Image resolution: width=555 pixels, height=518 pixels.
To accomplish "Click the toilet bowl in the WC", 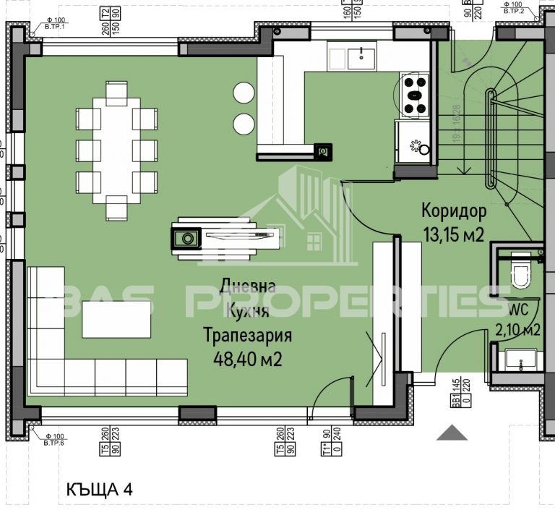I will (x=520, y=275).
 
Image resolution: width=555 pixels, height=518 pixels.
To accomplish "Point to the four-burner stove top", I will (x=415, y=95).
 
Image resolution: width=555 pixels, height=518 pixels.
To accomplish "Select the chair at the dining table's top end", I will (x=116, y=93).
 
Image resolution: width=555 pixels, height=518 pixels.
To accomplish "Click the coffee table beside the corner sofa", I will (x=116, y=319).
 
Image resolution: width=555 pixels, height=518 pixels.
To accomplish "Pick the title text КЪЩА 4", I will (x=98, y=490).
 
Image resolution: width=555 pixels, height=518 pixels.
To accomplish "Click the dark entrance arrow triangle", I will (x=452, y=433).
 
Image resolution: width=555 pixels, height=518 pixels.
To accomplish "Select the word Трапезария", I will (x=247, y=336).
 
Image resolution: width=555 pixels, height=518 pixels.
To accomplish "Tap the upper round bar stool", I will (x=244, y=92).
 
